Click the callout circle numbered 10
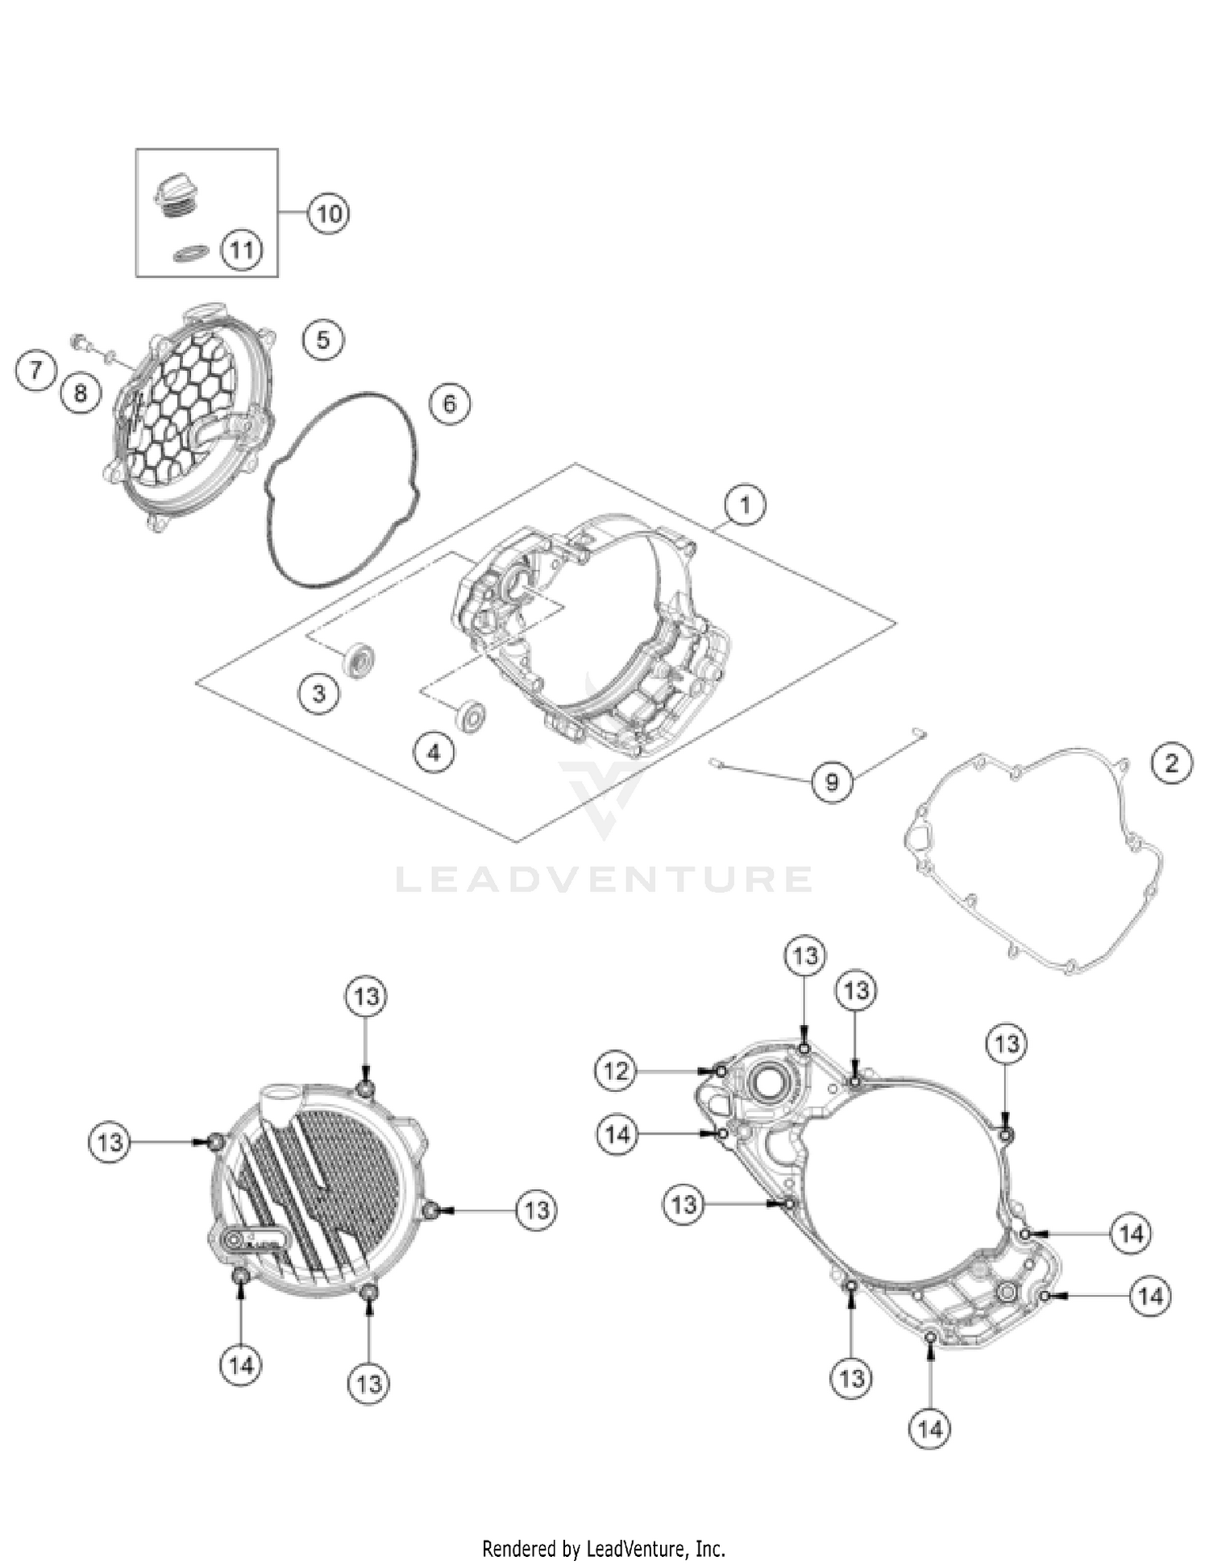pyautogui.click(x=328, y=214)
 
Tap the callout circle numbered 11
pyautogui.click(x=242, y=250)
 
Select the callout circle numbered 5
pyautogui.click(x=322, y=339)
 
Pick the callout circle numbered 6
pyautogui.click(x=450, y=403)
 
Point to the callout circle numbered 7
pyautogui.click(x=35, y=372)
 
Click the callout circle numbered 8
pyautogui.click(x=80, y=392)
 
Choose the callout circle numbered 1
pyautogui.click(x=744, y=504)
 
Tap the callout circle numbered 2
pyautogui.click(x=1171, y=762)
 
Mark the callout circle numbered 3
pyautogui.click(x=318, y=693)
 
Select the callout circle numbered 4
pyautogui.click(x=434, y=753)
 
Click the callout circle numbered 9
pyautogui.click(x=832, y=781)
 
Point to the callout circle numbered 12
pyautogui.click(x=616, y=1071)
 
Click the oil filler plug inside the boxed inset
pyautogui.click(x=177, y=196)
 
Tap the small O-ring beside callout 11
pyautogui.click(x=192, y=253)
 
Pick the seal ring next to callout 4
pyautogui.click(x=470, y=716)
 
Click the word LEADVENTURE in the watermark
pyautogui.click(x=604, y=879)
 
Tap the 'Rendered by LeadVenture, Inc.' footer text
pyautogui.click(x=604, y=1548)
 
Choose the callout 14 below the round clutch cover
pyautogui.click(x=241, y=1365)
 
